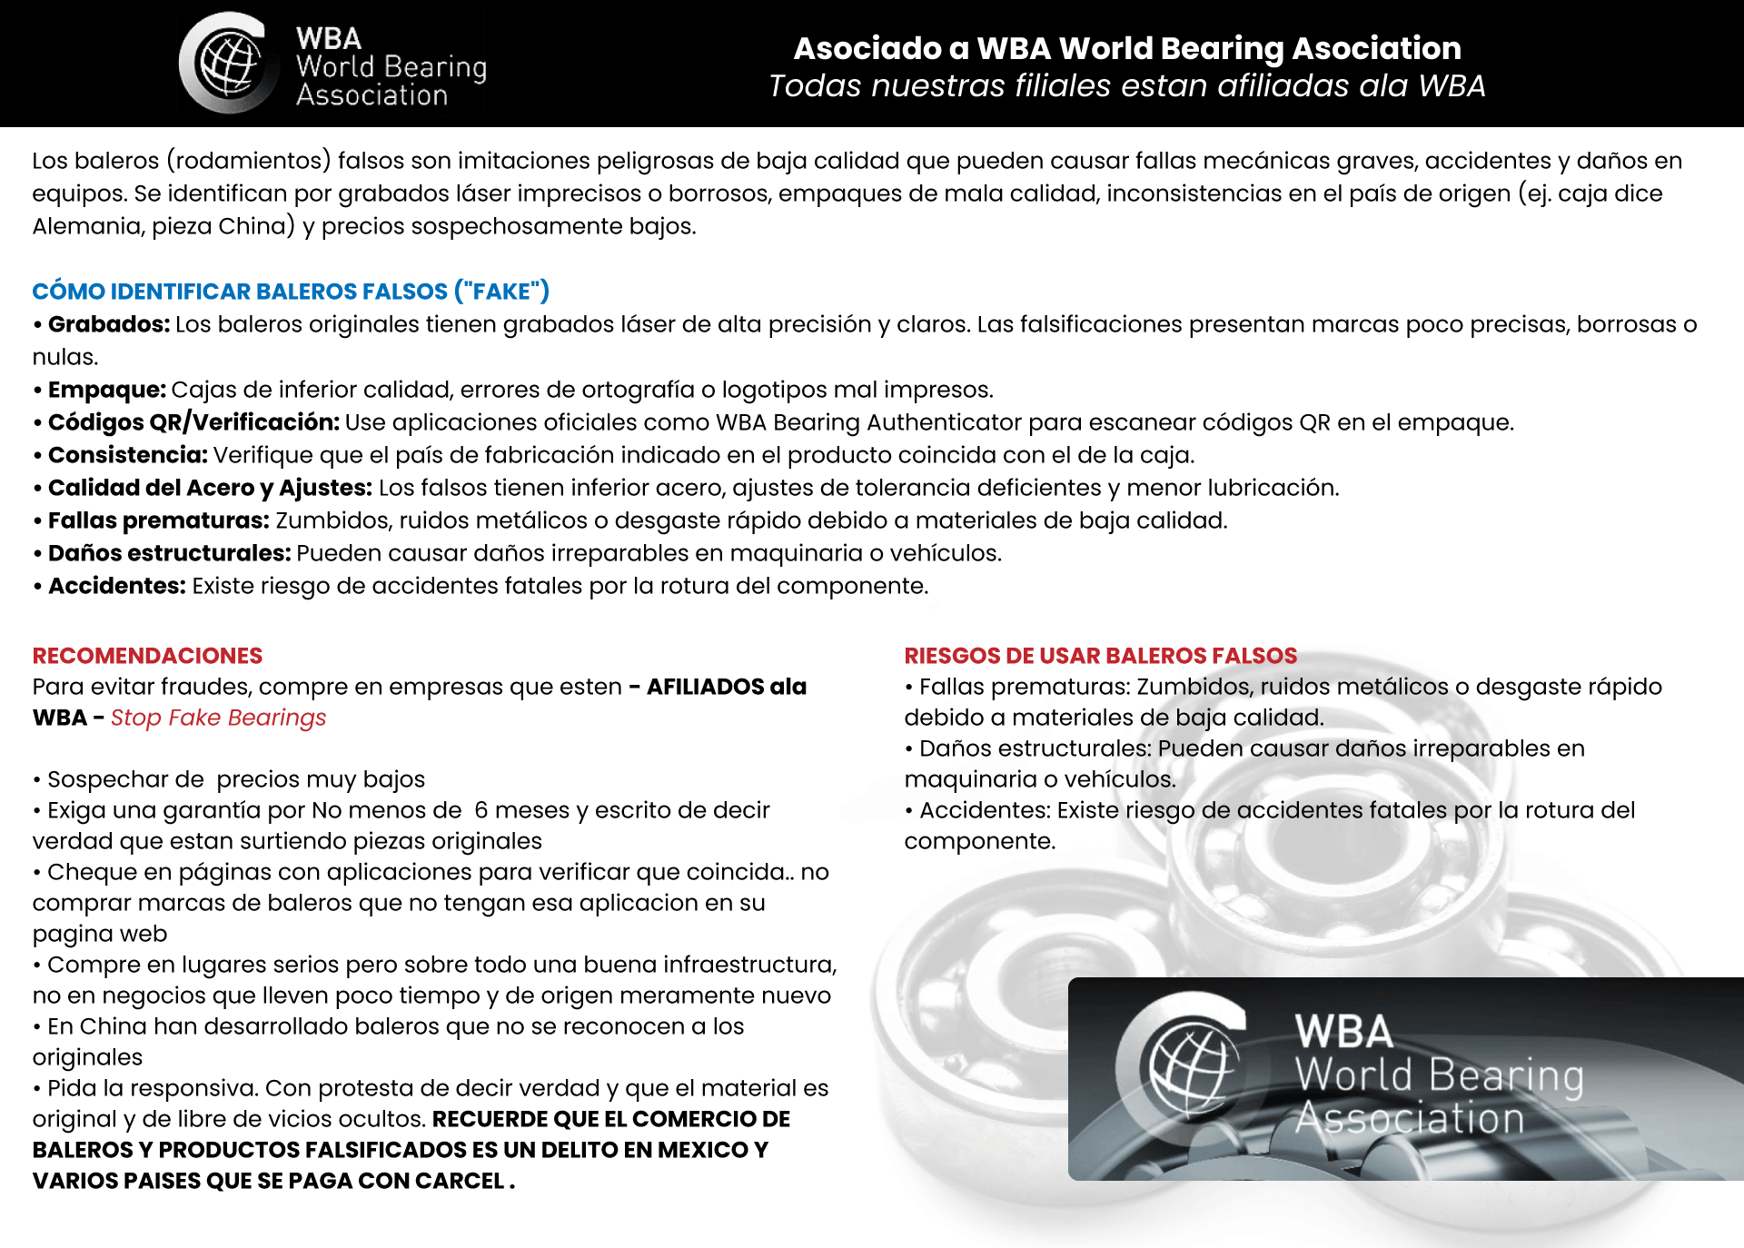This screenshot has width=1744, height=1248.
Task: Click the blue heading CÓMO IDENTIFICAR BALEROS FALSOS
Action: [x=291, y=292]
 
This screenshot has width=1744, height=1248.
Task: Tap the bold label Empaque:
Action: [x=107, y=390]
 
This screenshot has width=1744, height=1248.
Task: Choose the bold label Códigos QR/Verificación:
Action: [x=193, y=422]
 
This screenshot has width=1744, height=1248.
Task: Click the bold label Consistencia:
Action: [x=128, y=455]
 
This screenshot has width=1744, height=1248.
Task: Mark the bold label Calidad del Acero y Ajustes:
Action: [x=210, y=488]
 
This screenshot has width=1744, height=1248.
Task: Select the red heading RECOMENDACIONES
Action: [x=147, y=656]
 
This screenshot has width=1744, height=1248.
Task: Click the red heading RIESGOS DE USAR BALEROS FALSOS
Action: [x=1100, y=656]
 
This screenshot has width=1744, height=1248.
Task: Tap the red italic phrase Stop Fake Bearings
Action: [x=218, y=718]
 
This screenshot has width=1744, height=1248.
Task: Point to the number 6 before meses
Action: [x=481, y=810]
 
